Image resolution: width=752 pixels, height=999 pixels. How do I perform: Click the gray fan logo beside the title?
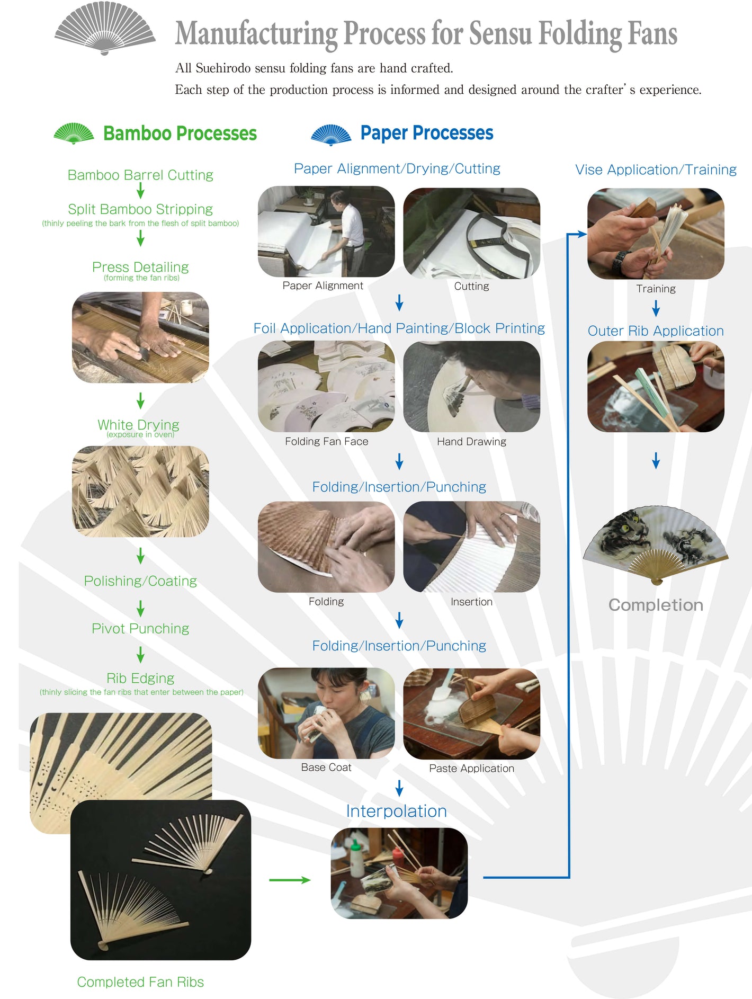click(x=105, y=29)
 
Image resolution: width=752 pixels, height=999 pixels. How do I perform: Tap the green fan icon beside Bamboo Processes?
click(x=74, y=133)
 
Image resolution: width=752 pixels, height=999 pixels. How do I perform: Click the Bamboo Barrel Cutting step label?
click(x=140, y=175)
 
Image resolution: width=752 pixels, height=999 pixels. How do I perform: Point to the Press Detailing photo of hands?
click(x=140, y=337)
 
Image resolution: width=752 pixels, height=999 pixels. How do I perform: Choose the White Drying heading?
click(x=138, y=424)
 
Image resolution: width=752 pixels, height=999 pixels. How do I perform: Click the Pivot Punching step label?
click(x=140, y=628)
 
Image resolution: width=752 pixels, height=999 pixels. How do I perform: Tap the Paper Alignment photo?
click(x=326, y=231)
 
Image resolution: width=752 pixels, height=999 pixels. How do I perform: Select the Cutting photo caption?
click(x=471, y=286)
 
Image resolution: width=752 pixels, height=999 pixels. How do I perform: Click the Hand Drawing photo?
click(x=472, y=386)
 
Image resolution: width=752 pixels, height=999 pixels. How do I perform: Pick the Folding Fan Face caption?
click(x=326, y=441)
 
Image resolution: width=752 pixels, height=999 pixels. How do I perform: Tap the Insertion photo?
click(x=472, y=547)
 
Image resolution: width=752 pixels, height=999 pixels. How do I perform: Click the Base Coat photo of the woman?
click(x=326, y=713)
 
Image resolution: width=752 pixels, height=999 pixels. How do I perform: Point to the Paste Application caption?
click(x=471, y=768)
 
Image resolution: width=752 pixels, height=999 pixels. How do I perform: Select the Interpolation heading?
click(x=397, y=811)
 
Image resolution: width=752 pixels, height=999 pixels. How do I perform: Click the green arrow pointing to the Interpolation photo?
click(x=290, y=880)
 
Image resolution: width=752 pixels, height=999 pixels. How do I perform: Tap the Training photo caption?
click(x=656, y=289)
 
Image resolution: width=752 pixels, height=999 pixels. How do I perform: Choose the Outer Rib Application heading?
click(x=656, y=331)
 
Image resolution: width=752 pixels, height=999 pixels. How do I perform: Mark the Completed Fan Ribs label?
click(x=140, y=982)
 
